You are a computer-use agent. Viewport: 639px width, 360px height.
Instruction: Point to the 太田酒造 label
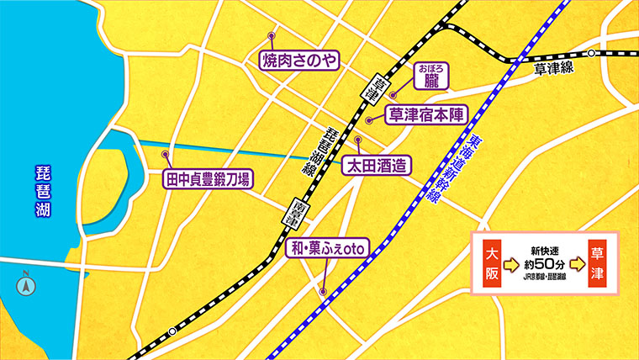pyautogui.click(x=375, y=167)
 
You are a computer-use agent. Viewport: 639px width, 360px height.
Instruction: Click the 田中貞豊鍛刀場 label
pyautogui.click(x=207, y=180)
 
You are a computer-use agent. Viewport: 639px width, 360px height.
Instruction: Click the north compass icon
pyautogui.click(x=26, y=284)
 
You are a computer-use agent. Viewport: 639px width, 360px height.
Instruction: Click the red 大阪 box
pyautogui.click(x=493, y=262)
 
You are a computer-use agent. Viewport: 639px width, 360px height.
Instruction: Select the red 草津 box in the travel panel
pyautogui.click(x=598, y=262)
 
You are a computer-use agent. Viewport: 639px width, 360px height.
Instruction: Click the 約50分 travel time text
pyautogui.click(x=545, y=260)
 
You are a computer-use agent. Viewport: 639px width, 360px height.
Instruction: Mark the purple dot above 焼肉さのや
pyautogui.click(x=272, y=36)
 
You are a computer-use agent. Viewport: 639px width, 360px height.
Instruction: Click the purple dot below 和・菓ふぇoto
pyautogui.click(x=323, y=292)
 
